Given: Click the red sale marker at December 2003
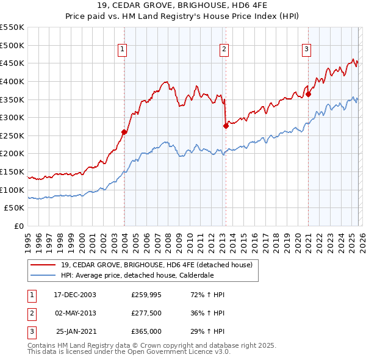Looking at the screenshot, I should coord(124,132).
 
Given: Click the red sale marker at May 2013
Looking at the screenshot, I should coord(226,126).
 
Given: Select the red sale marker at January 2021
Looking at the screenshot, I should coord(309,94).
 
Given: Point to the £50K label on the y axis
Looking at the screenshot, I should coord(15,208).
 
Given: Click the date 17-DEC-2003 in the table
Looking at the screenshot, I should coord(75,295).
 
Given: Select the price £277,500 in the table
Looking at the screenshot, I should coord(146,313).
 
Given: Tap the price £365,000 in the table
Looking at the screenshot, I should coord(146,331).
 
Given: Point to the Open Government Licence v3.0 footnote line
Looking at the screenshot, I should coord(129,353).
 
